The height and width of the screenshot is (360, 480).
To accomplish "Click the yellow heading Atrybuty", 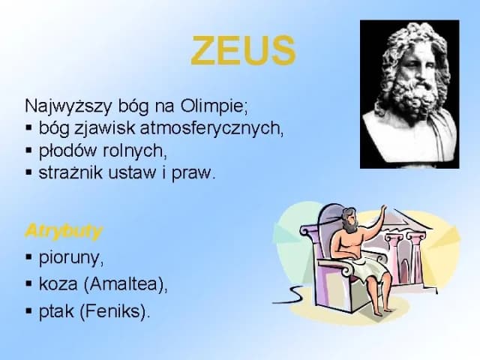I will coord(63,230).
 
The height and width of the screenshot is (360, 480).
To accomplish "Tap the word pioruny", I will coord(71,258).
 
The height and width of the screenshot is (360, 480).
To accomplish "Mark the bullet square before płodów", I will coord(28,150).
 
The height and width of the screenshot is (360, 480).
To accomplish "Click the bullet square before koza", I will coord(28,285).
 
